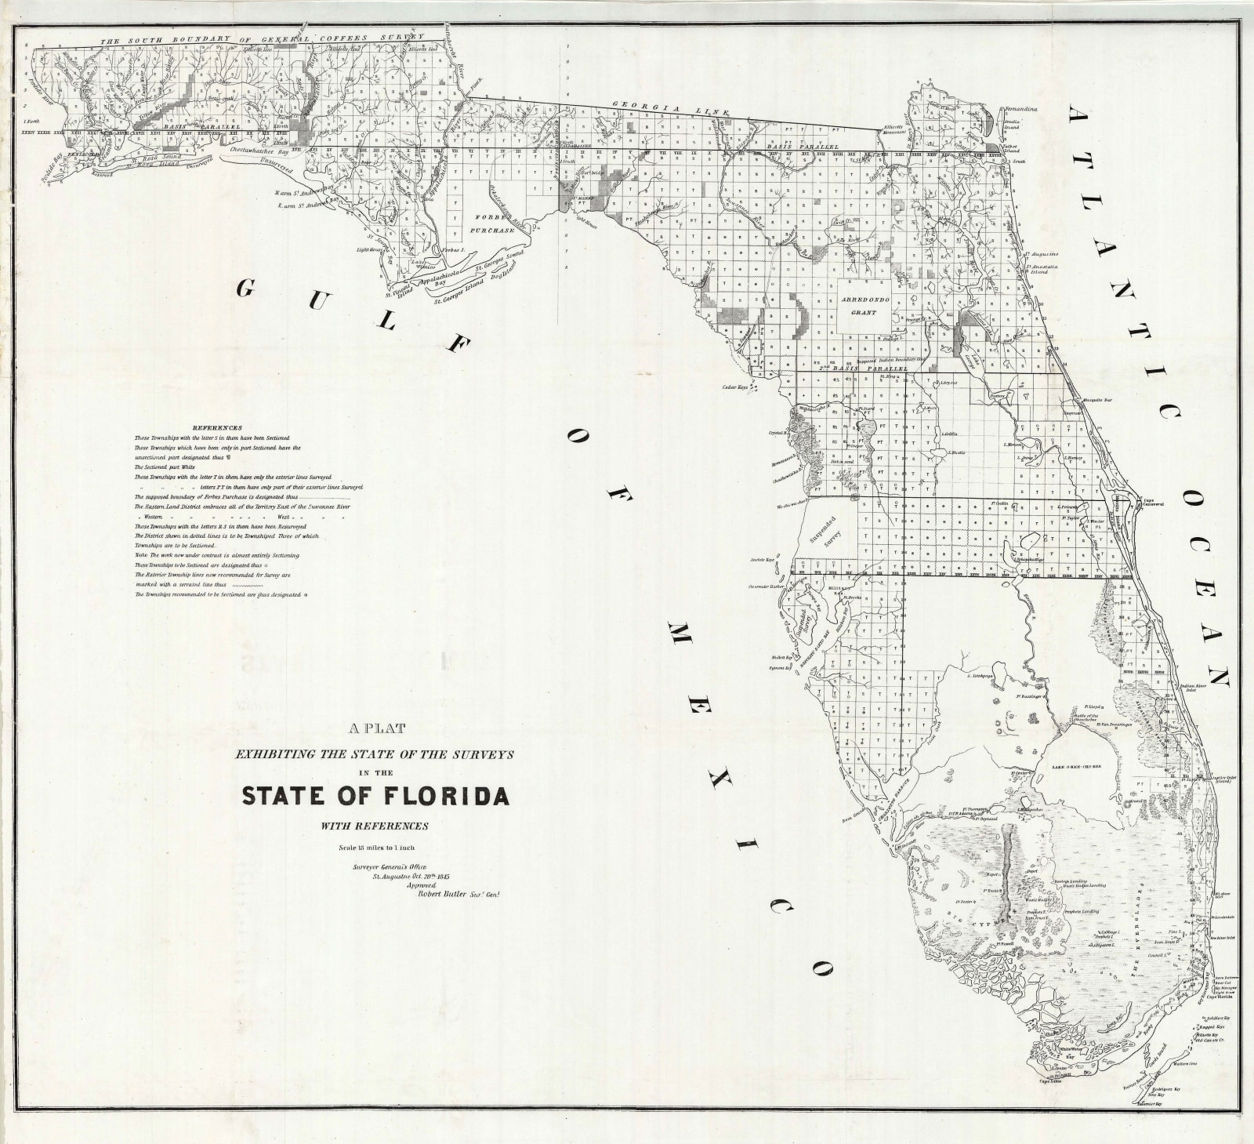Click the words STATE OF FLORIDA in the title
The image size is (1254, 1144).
coord(375,795)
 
